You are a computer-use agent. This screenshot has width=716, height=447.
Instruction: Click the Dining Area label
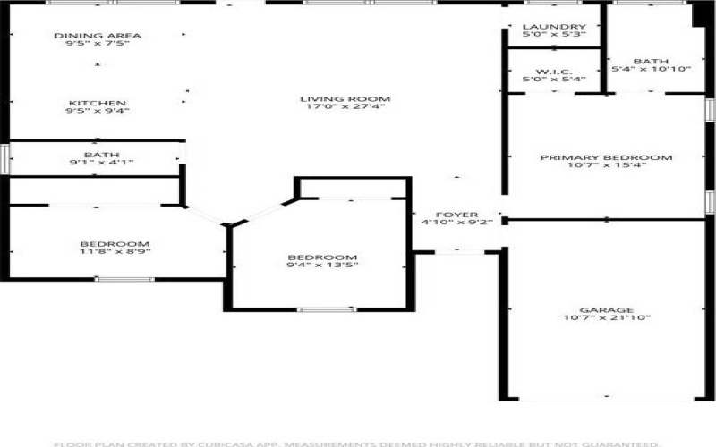98,36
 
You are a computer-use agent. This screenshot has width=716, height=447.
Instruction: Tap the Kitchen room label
98,103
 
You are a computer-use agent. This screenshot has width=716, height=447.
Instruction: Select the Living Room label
333,98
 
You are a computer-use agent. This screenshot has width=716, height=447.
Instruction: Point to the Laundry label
554,28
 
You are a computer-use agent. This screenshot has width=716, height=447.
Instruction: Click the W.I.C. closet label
554,72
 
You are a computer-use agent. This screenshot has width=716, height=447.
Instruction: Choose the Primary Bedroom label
606,157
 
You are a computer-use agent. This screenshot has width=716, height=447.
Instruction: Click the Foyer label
451,215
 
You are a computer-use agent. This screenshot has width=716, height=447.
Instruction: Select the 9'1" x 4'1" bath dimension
101,163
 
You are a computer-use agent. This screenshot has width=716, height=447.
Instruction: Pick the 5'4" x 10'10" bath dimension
651,69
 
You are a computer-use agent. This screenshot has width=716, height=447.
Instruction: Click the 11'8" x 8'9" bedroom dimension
115,253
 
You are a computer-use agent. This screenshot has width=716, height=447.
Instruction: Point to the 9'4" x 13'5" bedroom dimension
322,266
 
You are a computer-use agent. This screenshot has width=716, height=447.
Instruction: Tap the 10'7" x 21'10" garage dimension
606,318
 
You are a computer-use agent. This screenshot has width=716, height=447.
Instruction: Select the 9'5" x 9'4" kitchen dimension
98,112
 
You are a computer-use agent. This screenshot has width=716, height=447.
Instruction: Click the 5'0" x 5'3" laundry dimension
554,37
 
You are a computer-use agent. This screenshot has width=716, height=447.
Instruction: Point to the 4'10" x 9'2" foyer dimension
451,223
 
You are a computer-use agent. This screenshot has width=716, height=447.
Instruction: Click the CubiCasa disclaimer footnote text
358,443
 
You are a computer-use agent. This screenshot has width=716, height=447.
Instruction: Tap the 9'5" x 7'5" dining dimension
98,44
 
